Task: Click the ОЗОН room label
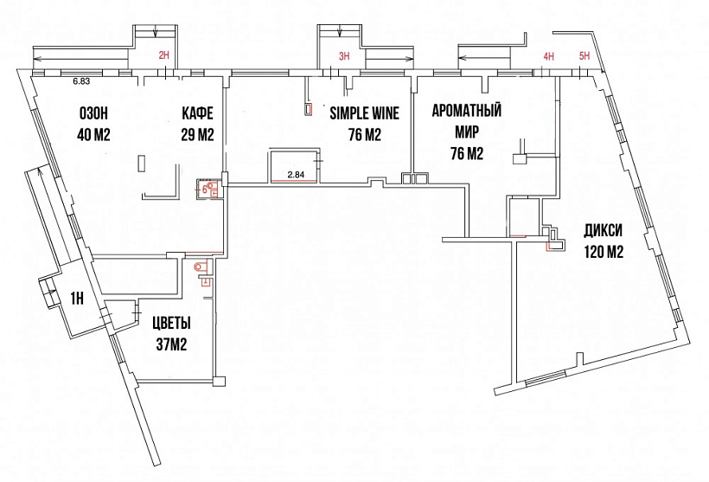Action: (x=93, y=113)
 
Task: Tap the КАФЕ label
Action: (x=198, y=113)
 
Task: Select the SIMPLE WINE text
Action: (x=365, y=112)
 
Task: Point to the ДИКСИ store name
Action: (x=603, y=231)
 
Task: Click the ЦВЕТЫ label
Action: (x=171, y=323)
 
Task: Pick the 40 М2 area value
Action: (x=93, y=134)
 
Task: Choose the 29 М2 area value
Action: (x=198, y=134)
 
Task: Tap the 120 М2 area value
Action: (x=604, y=252)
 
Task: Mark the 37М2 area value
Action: (x=171, y=345)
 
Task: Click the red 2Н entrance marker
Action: (x=163, y=55)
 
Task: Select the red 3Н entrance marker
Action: (x=344, y=55)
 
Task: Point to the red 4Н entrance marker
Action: (x=548, y=56)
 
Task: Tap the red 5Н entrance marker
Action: (x=584, y=56)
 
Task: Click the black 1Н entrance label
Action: (x=77, y=299)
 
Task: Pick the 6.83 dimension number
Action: (x=81, y=82)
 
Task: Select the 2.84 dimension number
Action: (x=297, y=174)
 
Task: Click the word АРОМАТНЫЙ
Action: (x=467, y=111)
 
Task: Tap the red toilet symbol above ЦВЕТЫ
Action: (x=200, y=267)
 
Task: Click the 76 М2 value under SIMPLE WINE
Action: (x=365, y=134)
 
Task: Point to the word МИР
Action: (x=467, y=132)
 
